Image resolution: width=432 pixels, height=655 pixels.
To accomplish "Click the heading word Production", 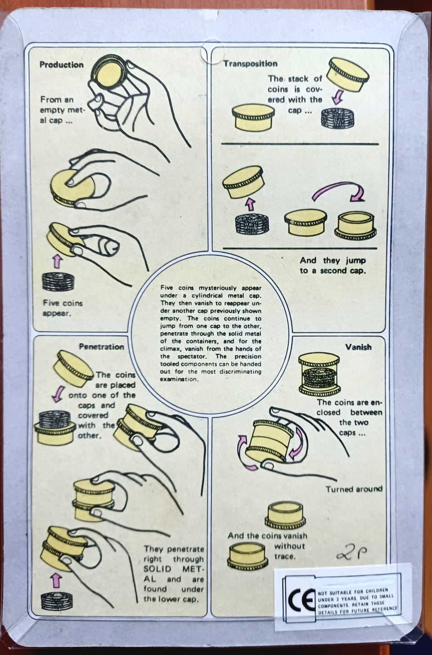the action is click(62, 65).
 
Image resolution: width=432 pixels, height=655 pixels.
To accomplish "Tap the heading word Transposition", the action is click(250, 64).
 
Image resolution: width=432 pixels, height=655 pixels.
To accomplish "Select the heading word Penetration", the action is click(102, 347).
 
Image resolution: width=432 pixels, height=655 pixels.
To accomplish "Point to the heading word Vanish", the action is click(358, 347).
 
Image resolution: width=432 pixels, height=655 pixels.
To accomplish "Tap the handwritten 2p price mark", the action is click(351, 552).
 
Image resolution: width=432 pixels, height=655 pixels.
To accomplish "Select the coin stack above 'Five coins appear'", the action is click(58, 282).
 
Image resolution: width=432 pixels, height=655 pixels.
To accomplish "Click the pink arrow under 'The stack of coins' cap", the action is click(337, 97).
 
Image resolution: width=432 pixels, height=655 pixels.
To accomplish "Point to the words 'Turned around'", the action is click(354, 489).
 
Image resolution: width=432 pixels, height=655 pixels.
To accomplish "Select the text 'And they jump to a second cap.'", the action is click(333, 265).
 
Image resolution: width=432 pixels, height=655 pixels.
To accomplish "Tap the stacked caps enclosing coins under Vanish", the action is click(319, 374).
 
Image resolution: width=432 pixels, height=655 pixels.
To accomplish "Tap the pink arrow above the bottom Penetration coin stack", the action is click(56, 580).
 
